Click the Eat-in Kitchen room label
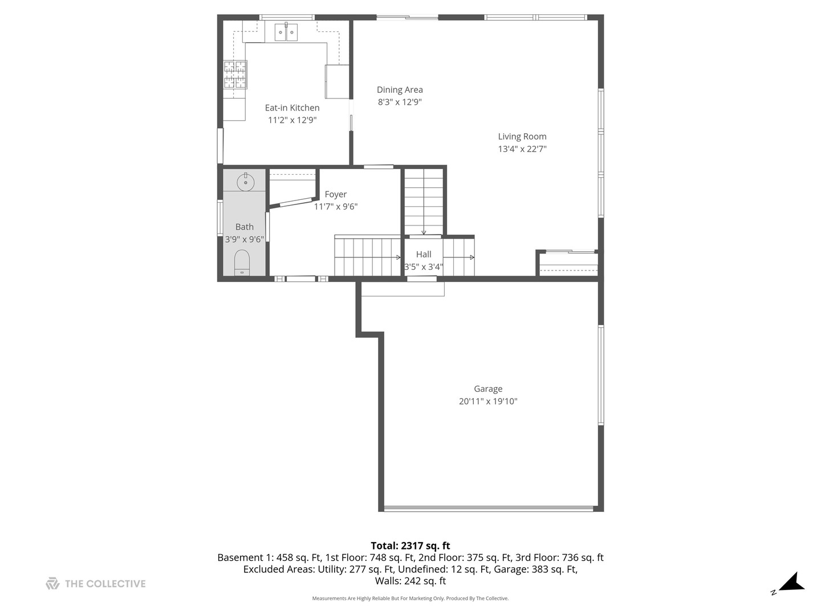pyautogui.click(x=292, y=108)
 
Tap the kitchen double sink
pyautogui.click(x=286, y=32)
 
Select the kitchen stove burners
pyautogui.click(x=235, y=75)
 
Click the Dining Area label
pyautogui.click(x=400, y=89)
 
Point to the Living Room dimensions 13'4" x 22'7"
pyautogui.click(x=522, y=149)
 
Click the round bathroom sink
pyautogui.click(x=245, y=181)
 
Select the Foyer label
pyautogui.click(x=335, y=194)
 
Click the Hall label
pyautogui.click(x=424, y=254)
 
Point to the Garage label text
pyautogui.click(x=488, y=389)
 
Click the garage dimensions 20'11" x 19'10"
pyautogui.click(x=488, y=401)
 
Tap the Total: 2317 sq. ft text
pyautogui.click(x=410, y=546)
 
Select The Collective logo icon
pyautogui.click(x=52, y=584)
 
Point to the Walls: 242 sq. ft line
pyautogui.click(x=410, y=581)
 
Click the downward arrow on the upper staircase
pyautogui.click(x=424, y=231)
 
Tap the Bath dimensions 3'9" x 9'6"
pyautogui.click(x=244, y=239)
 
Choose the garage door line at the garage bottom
pyautogui.click(x=490, y=509)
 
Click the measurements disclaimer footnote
pyautogui.click(x=410, y=598)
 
